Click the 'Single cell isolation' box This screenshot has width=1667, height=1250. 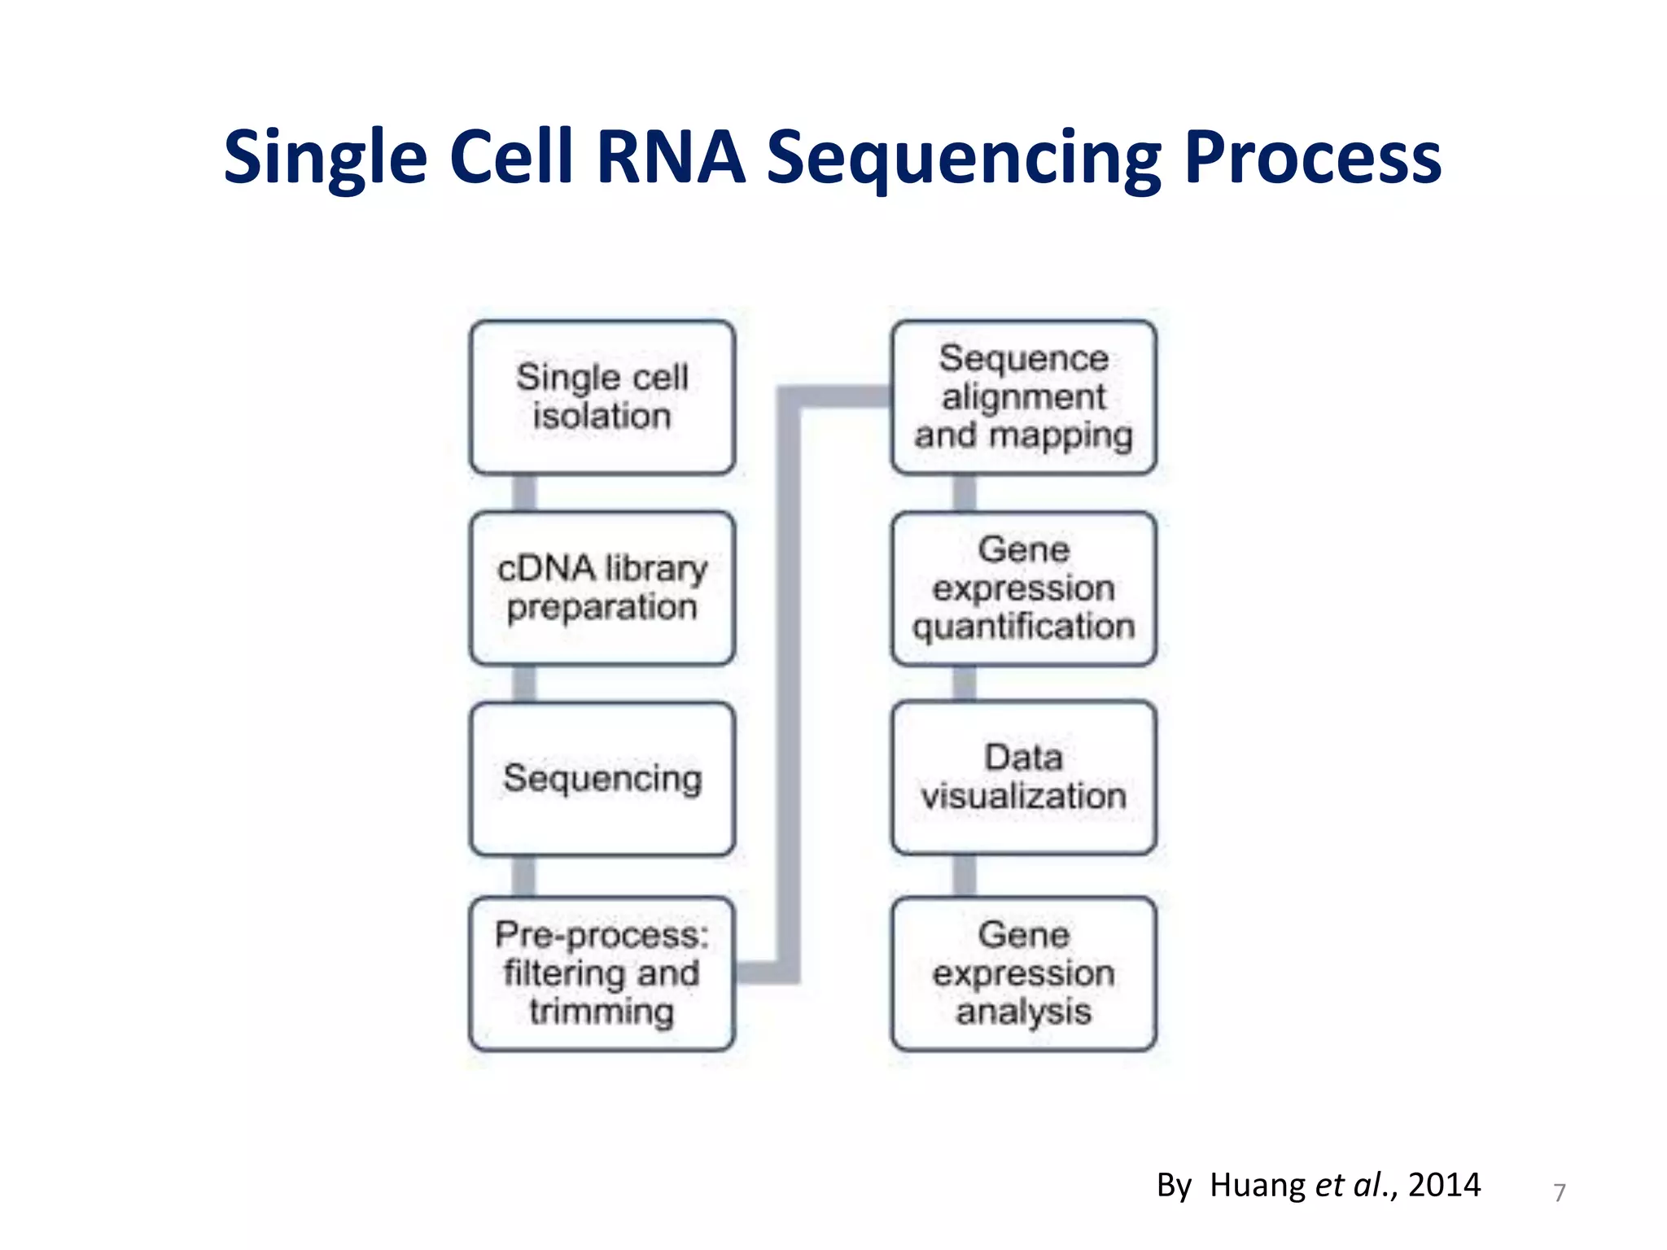tap(602, 397)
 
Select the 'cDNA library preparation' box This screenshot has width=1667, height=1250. tap(602, 588)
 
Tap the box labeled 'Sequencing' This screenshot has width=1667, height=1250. tap(602, 779)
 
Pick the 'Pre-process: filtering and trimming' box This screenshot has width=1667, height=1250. tap(602, 973)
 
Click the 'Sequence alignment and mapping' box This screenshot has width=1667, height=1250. tap(1023, 397)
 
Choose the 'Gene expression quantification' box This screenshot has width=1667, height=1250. tap(1023, 588)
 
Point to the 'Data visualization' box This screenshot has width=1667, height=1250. tap(1023, 777)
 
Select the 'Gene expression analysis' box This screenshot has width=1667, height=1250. tap(1023, 973)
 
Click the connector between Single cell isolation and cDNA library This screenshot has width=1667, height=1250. tap(524, 493)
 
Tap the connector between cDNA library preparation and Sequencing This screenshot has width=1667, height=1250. tap(524, 684)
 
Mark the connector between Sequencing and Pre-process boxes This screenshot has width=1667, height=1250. tap(524, 876)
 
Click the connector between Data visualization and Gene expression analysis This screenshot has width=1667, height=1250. tap(965, 876)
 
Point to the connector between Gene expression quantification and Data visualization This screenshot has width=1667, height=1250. tap(965, 684)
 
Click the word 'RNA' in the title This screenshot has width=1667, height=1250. tap(671, 156)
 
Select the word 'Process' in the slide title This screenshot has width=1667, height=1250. tap(1312, 156)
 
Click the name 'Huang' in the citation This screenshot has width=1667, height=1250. tap(1258, 1185)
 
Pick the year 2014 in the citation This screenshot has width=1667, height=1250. tap(1444, 1185)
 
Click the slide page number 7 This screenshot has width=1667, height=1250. tap(1559, 1192)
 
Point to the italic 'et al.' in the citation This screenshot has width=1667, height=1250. tap(1354, 1185)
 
